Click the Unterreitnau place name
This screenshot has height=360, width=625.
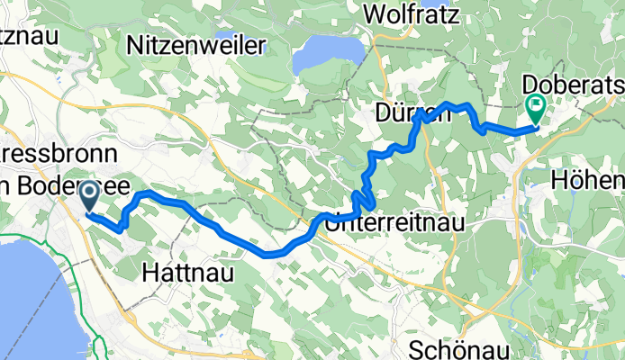(x=391, y=220)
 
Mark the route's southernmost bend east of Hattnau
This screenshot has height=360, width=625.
(x=272, y=255)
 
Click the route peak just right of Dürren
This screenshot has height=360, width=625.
(x=449, y=104)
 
